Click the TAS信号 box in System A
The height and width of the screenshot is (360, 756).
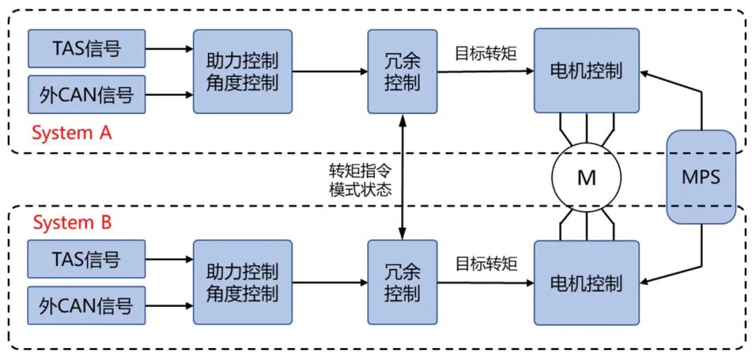pos(87,48)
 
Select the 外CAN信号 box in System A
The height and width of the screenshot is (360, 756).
pos(87,95)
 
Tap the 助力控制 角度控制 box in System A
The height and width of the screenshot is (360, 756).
pos(242,71)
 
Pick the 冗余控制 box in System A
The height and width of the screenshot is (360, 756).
pos(402,71)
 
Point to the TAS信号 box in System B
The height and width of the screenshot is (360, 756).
pos(87,260)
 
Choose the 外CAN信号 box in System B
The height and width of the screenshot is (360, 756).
pos(87,306)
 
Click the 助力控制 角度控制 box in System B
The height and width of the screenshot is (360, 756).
pos(242,282)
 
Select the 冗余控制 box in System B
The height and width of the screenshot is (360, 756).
pos(402,282)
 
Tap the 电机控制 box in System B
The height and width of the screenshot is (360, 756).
pos(587,283)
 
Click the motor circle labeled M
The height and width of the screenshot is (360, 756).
pos(587,178)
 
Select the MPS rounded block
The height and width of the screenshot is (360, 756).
pos(701,176)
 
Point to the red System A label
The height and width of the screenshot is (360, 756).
pos(72,132)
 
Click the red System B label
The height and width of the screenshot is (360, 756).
pos(72,223)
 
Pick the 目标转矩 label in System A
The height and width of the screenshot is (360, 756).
pos(486,53)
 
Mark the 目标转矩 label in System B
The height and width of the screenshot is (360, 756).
pos(486,263)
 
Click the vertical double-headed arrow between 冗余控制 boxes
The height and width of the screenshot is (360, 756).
pos(402,177)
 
